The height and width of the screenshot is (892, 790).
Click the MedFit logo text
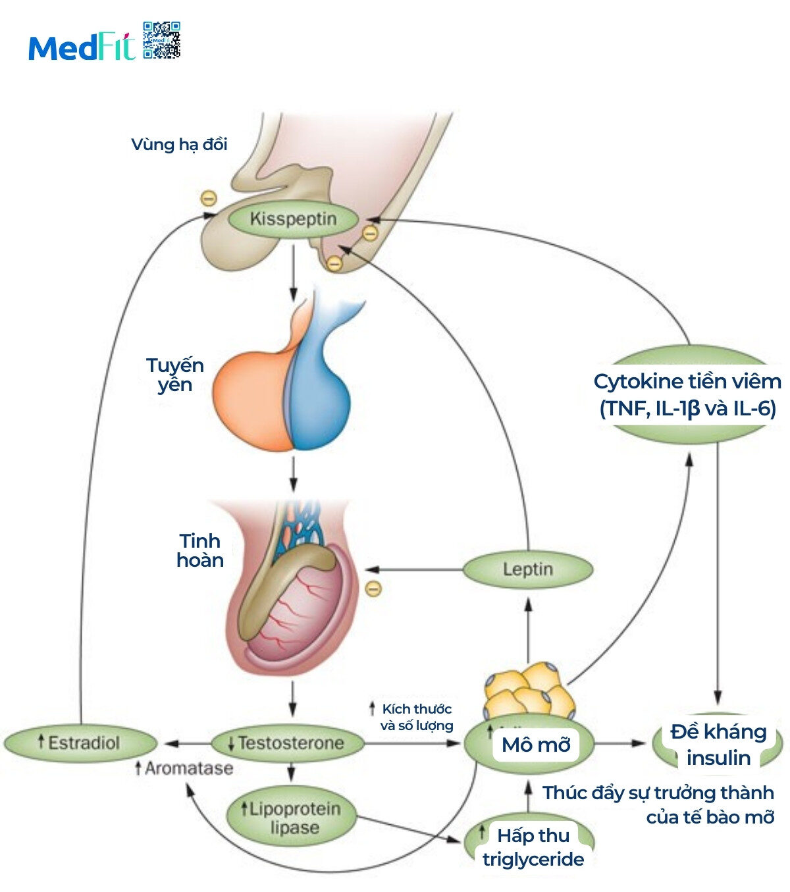[82, 47]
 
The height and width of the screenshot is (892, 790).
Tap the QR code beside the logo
[161, 40]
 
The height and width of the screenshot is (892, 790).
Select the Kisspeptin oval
[293, 219]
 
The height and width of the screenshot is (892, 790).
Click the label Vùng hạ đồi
[179, 145]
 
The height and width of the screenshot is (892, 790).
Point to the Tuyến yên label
[175, 375]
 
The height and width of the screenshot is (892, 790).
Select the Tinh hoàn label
[200, 550]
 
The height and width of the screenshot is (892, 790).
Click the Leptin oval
[527, 569]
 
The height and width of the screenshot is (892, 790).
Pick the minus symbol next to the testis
[373, 588]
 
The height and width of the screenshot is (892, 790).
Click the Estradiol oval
[80, 743]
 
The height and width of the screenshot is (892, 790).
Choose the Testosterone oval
[288, 743]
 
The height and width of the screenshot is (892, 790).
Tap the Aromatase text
[185, 768]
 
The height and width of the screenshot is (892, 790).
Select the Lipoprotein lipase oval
[292, 818]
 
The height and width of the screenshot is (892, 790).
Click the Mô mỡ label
[536, 745]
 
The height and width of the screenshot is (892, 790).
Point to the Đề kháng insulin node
[718, 745]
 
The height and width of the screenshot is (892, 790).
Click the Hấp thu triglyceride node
[533, 847]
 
